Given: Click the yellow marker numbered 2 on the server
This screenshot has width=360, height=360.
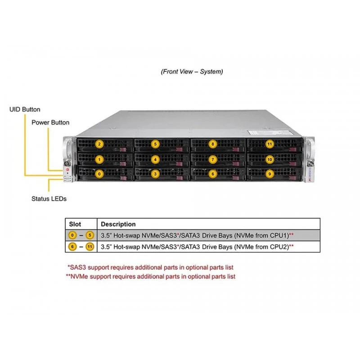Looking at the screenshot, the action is (99, 144).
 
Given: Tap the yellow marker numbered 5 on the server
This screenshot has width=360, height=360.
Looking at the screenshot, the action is (155, 144).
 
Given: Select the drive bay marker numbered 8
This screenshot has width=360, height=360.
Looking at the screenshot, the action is (212, 144).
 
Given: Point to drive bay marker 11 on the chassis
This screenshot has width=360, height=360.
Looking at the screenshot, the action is (270, 144).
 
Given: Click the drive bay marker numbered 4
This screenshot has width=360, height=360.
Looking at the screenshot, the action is (155, 160).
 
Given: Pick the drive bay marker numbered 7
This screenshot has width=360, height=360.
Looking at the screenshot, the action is (212, 160).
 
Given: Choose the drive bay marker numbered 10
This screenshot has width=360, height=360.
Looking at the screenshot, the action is (270, 160).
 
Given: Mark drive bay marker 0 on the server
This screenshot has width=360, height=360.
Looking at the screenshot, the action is (99, 174).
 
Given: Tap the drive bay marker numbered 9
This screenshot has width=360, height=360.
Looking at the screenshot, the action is (270, 174).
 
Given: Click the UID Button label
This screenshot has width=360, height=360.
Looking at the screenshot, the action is (25, 109).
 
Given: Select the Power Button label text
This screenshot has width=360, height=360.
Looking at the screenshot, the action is (50, 122).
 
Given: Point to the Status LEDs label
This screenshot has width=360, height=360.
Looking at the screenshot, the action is (49, 198).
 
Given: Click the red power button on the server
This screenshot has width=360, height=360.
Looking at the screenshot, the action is (67, 170).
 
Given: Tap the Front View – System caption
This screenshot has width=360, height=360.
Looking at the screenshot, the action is (192, 72).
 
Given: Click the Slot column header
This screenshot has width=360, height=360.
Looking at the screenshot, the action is (75, 224).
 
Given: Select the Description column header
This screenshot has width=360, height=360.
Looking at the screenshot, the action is (118, 224).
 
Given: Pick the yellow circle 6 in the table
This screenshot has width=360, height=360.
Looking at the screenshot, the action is (72, 247).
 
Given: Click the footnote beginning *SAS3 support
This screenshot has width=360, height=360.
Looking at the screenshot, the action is (150, 267).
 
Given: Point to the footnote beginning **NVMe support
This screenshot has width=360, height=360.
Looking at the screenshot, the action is (151, 276).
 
